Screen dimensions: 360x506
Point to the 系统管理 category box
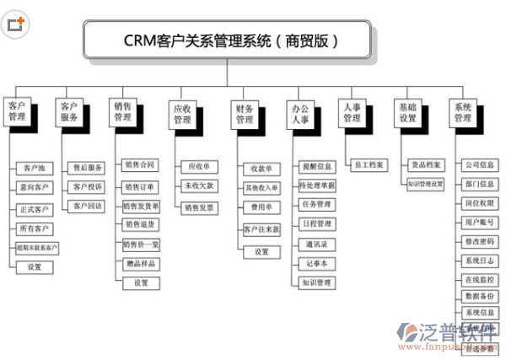tap(464, 112)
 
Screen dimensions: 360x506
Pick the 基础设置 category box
tap(408, 112)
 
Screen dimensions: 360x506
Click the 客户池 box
tap(35, 169)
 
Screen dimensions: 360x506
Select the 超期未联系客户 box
tap(35, 247)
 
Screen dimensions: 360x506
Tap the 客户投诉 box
tap(88, 186)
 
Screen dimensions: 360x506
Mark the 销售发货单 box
tap(140, 205)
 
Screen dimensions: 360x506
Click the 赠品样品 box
tap(140, 264)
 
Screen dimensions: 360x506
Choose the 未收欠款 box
tap(199, 186)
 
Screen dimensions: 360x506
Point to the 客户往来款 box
tap(261, 229)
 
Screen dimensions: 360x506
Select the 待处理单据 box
tap(317, 185)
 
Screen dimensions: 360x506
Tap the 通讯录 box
tap(317, 244)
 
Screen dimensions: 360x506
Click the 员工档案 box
tap(369, 165)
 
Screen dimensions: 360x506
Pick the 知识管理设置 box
tap(425, 183)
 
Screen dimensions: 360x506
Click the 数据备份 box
tap(479, 296)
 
